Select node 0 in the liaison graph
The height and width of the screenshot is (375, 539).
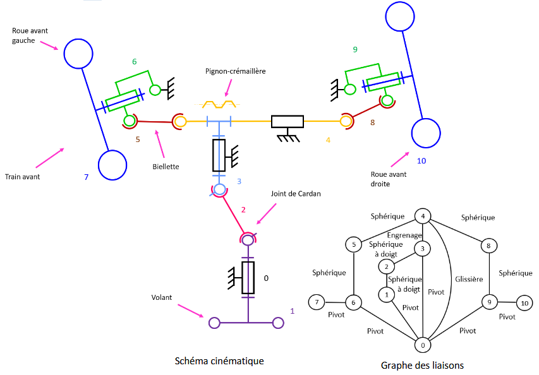tap(422, 345)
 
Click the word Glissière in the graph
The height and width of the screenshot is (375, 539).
tap(468, 278)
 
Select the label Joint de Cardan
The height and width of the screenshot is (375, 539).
tap(296, 194)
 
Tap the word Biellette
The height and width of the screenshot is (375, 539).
tap(166, 167)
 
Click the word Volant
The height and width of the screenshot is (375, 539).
tap(162, 297)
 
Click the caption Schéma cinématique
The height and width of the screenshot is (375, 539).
tap(219, 361)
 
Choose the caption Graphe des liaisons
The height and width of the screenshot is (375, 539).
tap(422, 365)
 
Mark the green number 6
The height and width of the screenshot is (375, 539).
tap(134, 62)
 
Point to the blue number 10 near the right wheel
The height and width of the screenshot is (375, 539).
tap(421, 161)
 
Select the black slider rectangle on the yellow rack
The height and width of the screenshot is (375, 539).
tap(288, 122)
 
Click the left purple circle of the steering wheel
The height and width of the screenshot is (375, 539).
tap(214, 323)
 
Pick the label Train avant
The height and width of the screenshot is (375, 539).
tap(22, 177)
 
